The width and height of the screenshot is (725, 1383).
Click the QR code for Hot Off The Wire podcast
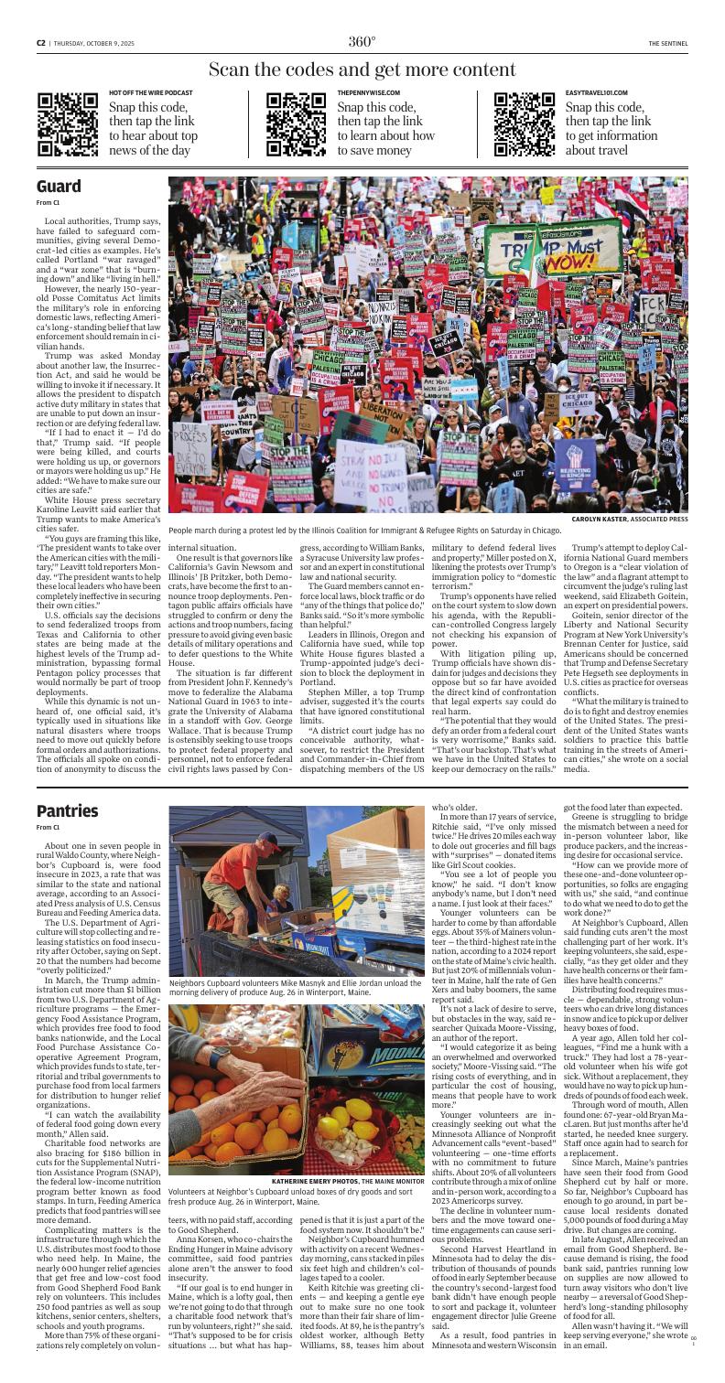tap(68, 124)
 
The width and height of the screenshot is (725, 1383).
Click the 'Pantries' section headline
tap(68, 785)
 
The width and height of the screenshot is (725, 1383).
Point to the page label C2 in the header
tap(41, 42)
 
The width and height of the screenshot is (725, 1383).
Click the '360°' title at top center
tap(362, 41)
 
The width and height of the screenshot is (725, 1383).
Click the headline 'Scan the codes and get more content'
tap(362, 70)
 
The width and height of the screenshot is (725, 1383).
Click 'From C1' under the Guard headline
tap(47, 202)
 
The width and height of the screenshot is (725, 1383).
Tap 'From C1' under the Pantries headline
tap(47, 801)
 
